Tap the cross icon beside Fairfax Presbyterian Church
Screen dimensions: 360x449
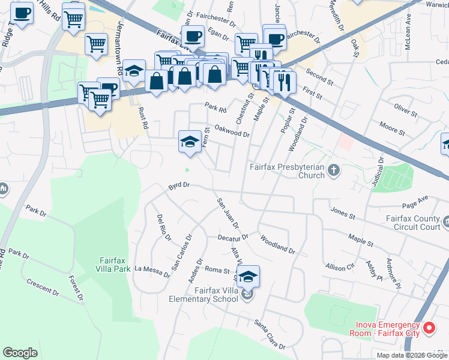coord(335,172)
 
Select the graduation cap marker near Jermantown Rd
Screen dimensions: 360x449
coord(134,71)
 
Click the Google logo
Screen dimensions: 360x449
coord(20,353)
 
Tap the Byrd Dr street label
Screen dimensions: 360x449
coord(179,187)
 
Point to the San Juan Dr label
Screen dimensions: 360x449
coord(228,212)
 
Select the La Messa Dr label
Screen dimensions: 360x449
coord(152,271)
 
